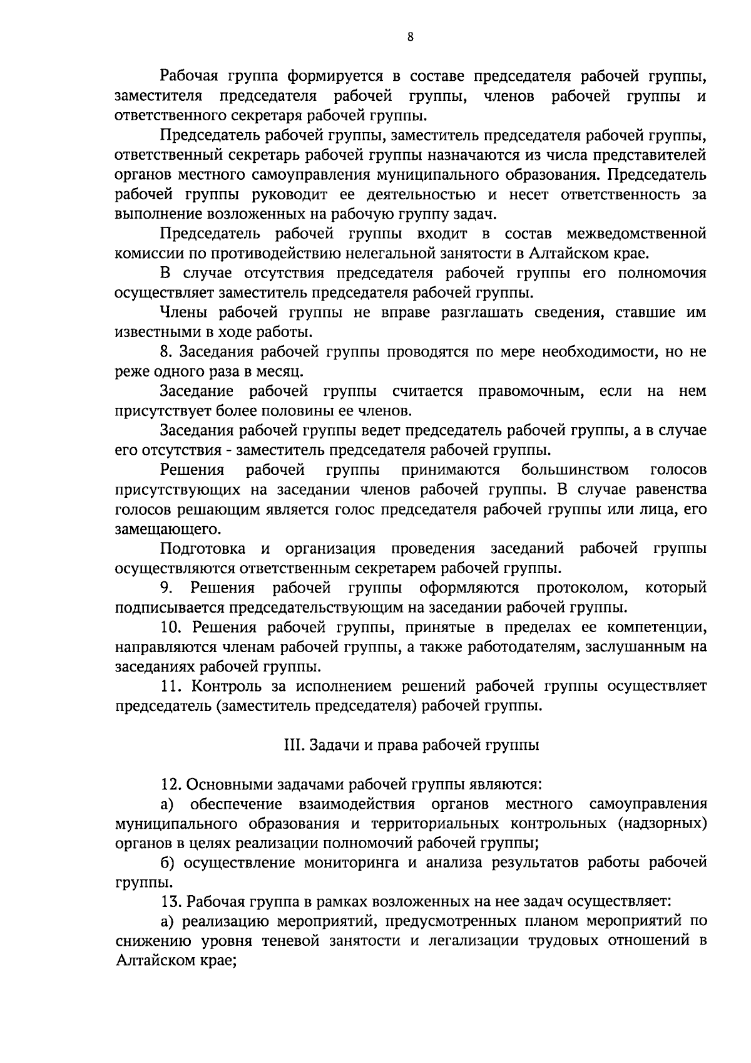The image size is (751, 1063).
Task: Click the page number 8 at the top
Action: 410,37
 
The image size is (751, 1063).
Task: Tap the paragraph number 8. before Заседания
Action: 166,352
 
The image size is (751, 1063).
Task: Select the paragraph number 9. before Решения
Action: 166,588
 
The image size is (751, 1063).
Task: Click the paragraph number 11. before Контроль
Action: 171,686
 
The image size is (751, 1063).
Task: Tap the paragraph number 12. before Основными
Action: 171,784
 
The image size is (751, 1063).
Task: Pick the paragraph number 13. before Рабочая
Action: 171,902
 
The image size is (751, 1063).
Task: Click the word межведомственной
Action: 636,234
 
